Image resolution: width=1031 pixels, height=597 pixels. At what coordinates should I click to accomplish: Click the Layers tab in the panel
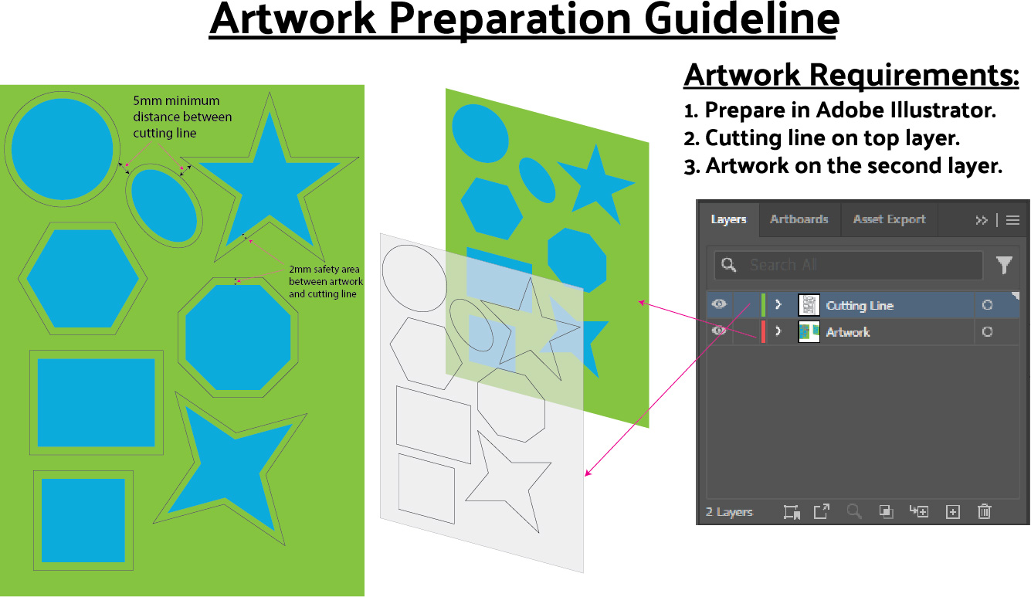pyautogui.click(x=728, y=219)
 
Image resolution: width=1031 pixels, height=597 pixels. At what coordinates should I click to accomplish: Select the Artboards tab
pyautogui.click(x=799, y=219)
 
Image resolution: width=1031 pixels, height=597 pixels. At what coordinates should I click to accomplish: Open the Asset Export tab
pyautogui.click(x=889, y=219)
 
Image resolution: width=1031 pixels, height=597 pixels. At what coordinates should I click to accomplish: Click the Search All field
pyautogui.click(x=848, y=265)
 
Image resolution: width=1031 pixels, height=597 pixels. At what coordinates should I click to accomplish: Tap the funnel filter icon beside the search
pyautogui.click(x=1004, y=265)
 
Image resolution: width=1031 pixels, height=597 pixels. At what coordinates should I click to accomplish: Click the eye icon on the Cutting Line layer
pyautogui.click(x=719, y=304)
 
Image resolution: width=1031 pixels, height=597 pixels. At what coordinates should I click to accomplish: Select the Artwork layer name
pyautogui.click(x=847, y=332)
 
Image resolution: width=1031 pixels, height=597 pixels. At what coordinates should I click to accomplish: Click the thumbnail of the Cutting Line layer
pyautogui.click(x=809, y=305)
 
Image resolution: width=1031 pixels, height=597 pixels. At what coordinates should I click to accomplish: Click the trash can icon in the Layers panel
pyautogui.click(x=984, y=511)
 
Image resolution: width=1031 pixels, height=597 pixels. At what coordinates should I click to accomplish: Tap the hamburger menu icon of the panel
pyautogui.click(x=1012, y=220)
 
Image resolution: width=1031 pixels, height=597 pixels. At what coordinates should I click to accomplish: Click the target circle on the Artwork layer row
pyautogui.click(x=987, y=332)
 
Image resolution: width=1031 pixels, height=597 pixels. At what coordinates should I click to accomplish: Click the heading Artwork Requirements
pyautogui.click(x=852, y=76)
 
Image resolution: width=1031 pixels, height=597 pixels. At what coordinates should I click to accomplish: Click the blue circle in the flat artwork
pyautogui.click(x=62, y=148)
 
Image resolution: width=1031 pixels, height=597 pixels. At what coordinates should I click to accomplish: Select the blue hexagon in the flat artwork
pyautogui.click(x=83, y=279)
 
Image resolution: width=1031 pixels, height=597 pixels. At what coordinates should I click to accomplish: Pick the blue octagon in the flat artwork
pyautogui.click(x=238, y=338)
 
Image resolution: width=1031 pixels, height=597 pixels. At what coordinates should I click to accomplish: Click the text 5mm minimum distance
pyautogui.click(x=182, y=117)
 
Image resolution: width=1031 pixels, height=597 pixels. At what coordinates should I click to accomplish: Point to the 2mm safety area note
pyautogui.click(x=326, y=282)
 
